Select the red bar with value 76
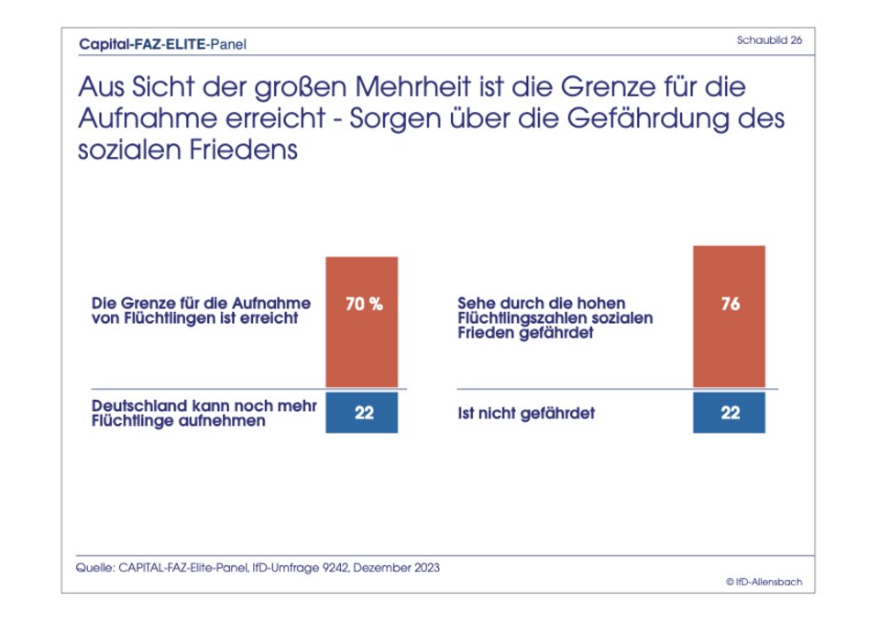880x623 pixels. pos(729,317)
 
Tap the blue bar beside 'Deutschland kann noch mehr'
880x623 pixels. pos(362,413)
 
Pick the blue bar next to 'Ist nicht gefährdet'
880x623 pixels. pos(729,413)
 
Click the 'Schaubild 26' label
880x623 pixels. pos(769,40)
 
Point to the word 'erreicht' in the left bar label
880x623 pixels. pos(270,319)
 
